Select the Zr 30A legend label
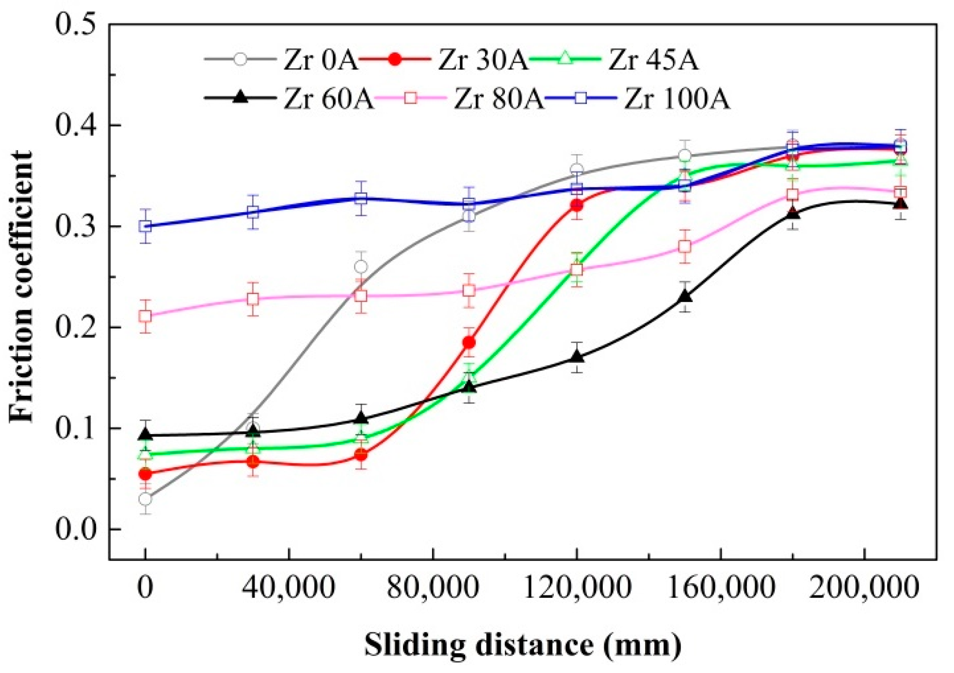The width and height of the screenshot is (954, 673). click(483, 60)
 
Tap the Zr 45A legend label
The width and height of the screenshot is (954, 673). click(653, 60)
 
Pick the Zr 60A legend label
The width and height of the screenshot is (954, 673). click(328, 99)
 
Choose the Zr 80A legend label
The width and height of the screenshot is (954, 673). click(499, 99)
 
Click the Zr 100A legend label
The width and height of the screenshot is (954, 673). click(677, 99)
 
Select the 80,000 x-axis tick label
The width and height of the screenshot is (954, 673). click(433, 588)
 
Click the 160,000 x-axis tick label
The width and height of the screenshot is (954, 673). click(721, 588)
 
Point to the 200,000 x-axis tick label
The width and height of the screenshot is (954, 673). click(864, 588)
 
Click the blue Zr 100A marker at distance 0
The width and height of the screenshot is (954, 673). click(145, 226)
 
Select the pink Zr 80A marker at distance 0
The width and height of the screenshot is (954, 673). click(145, 316)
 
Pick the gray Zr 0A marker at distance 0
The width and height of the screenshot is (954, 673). click(145, 499)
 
